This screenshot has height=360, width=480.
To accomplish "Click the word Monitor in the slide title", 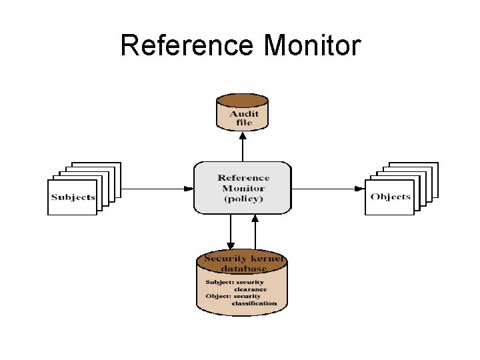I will pos(312,46).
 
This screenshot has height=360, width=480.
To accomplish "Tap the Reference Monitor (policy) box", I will pos(243,187).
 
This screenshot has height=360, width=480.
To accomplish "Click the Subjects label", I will pos(73,197).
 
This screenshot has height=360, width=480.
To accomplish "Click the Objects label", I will pos(391,197).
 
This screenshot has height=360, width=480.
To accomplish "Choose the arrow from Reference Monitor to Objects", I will pos(330,188).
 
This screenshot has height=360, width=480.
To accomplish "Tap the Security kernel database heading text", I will pos(244,263).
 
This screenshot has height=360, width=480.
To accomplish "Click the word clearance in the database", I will pos(250,289).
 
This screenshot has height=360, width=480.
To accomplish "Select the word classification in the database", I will pos(254,303).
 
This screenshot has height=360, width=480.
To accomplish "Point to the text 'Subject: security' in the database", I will pos(235,282).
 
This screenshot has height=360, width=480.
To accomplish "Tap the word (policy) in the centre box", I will pos(243,199).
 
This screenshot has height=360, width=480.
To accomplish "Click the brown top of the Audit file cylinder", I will pos(243,102).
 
